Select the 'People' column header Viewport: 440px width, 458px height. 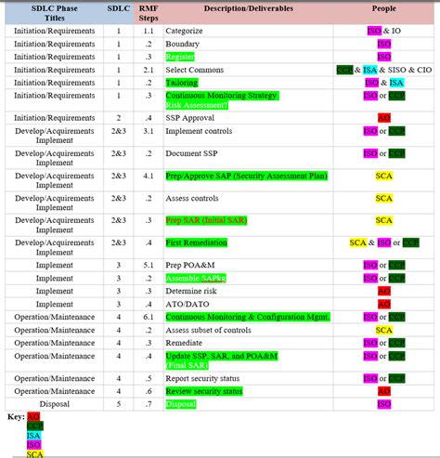pos(383,8)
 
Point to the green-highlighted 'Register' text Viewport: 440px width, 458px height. pos(180,57)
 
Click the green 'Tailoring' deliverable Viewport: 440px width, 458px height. pos(182,83)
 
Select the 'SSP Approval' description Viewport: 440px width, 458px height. pos(190,118)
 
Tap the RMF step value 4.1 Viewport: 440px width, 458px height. pos(149,176)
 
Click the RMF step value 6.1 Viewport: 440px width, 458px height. pos(149,317)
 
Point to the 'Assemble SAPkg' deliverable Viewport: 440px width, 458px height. pos(196,278)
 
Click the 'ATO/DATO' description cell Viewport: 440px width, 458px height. pos(188,304)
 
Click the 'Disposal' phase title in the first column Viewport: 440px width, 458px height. pos(54,404)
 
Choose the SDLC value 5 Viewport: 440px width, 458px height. pos(118,404)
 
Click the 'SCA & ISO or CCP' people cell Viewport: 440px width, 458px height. pos(383,242)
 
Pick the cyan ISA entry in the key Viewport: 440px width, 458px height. pos(34,435)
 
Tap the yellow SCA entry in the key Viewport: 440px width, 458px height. pos(34,453)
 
